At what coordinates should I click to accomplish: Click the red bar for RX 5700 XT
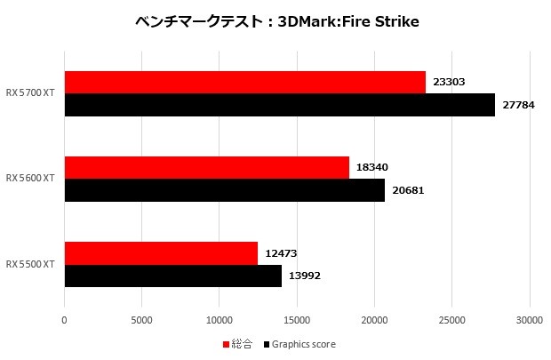pyautogui.click(x=244, y=82)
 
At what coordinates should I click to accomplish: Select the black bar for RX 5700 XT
pyautogui.click(x=279, y=105)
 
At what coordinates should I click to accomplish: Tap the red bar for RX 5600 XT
pyautogui.click(x=206, y=167)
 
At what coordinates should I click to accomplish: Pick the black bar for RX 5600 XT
pyautogui.click(x=224, y=190)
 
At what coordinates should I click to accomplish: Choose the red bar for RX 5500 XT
pyautogui.click(x=161, y=252)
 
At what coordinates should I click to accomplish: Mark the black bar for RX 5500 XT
pyautogui.click(x=172, y=276)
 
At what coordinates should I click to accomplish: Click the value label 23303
pyautogui.click(x=450, y=82)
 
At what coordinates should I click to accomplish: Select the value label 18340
pyautogui.click(x=372, y=167)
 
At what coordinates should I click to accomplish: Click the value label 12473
pyautogui.click(x=282, y=252)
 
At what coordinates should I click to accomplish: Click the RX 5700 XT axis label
pyautogui.click(x=30, y=93)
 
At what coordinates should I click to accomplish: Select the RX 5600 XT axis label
pyautogui.click(x=30, y=179)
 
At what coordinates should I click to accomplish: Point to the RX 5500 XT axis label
pyautogui.click(x=30, y=264)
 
